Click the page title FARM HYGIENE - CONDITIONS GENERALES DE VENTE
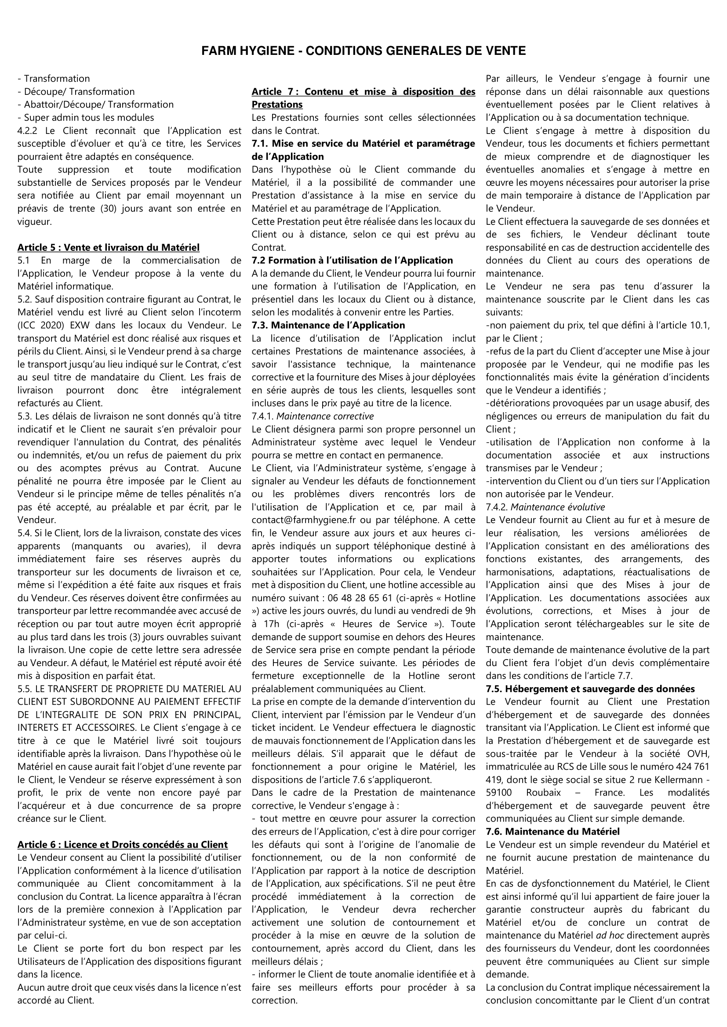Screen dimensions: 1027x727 (363, 51)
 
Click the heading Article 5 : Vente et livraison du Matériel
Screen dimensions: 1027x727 (108, 247)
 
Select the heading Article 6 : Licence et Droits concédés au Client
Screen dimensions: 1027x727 (122, 844)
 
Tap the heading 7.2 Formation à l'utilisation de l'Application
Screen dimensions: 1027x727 (352, 260)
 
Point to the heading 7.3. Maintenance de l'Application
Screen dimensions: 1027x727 (328, 325)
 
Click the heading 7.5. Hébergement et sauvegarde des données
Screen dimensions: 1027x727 (590, 689)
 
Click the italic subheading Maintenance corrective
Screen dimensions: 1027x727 (324, 416)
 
